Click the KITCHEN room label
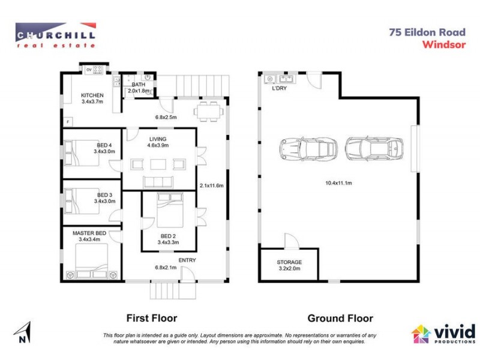coord(92,95)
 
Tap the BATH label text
coord(139,85)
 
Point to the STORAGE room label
coord(289,262)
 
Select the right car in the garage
coord(374,148)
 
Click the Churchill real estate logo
coord(55,35)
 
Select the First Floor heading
coord(151,319)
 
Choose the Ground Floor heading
coord(340,319)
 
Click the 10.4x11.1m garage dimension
coord(338,182)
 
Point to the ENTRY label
coord(187,260)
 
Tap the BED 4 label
coord(105,145)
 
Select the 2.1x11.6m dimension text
coord(211,186)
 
